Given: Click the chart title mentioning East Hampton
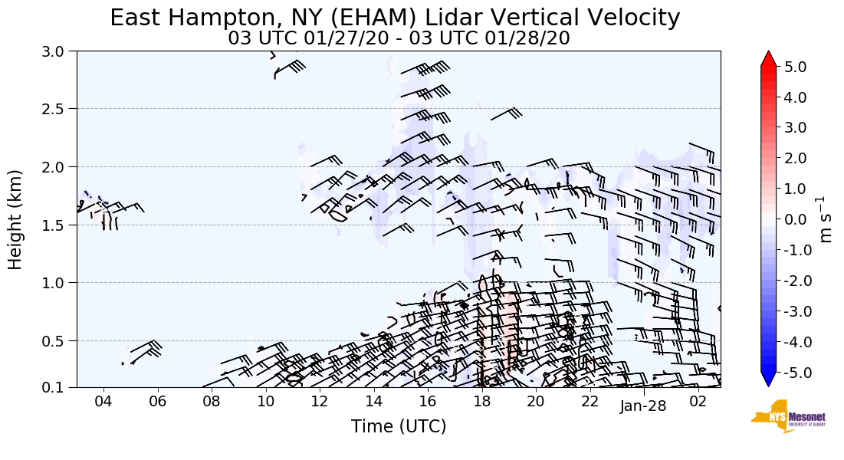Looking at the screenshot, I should click(395, 18).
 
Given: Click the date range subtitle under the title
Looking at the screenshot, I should click(399, 38).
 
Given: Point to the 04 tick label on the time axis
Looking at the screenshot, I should click(103, 401).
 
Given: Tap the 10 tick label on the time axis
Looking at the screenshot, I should click(265, 401).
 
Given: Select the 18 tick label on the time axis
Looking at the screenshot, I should click(481, 401).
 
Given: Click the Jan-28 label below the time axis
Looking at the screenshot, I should click(643, 406).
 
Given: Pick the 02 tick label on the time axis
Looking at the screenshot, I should click(698, 401).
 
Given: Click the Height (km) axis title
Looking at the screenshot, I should click(15, 219).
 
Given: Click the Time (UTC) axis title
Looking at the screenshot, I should click(399, 426).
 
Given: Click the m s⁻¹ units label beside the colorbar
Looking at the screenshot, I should click(826, 219).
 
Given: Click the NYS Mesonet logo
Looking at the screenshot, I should click(783, 416).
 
